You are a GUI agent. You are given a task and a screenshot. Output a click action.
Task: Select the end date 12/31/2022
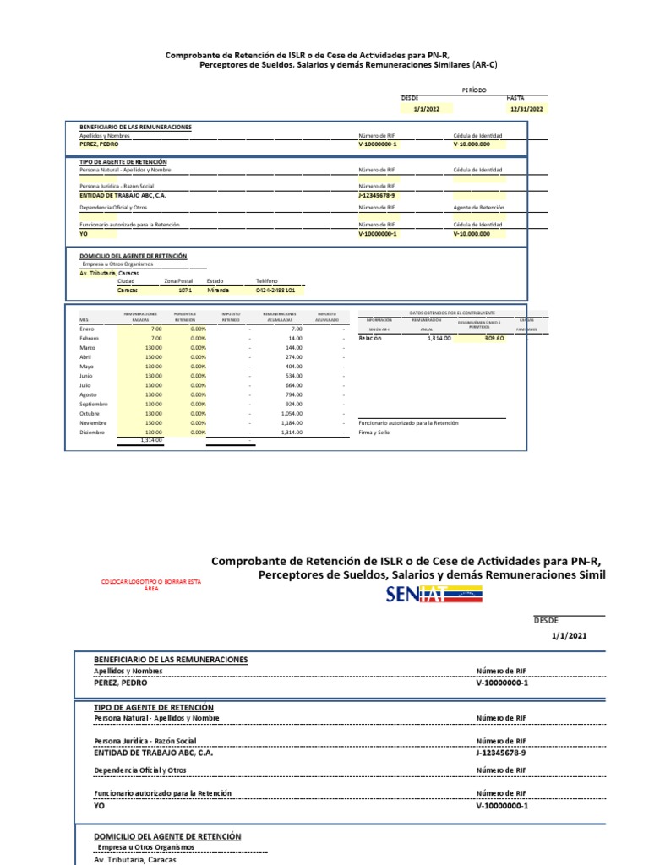525,109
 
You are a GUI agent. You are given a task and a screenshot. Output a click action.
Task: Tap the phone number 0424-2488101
275,290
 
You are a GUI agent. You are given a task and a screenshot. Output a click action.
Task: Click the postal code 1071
185,290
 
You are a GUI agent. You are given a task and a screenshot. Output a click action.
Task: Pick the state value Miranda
218,290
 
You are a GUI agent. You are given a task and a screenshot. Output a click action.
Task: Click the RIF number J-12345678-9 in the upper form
378,194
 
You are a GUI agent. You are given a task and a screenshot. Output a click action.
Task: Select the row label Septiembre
95,404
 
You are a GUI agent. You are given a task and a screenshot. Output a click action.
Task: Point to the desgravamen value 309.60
494,338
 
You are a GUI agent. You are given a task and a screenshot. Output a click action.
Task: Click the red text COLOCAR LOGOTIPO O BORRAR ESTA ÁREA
151,585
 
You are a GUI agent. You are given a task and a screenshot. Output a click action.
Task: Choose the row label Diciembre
92,432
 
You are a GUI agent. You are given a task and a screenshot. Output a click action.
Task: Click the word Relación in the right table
370,338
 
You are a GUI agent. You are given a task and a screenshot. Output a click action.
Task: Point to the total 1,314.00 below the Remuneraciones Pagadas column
151,440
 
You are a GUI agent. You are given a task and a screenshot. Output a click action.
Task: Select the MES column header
84,321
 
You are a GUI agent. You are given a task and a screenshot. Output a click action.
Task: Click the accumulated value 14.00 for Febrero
296,338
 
